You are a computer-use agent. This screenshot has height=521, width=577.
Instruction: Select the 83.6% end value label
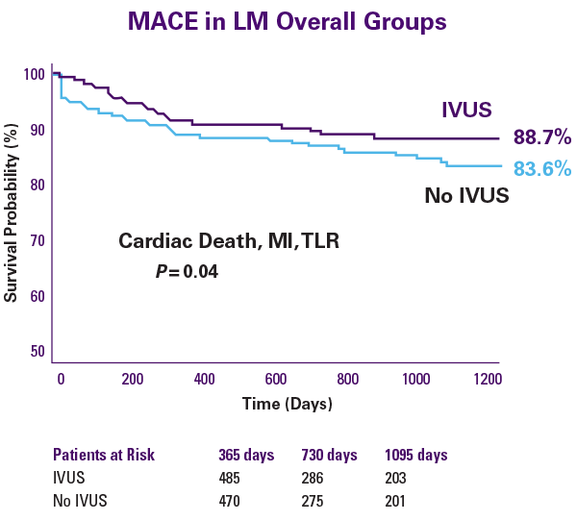click(541, 169)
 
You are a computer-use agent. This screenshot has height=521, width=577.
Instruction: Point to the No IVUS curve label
click(466, 197)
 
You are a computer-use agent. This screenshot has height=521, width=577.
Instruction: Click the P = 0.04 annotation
click(188, 272)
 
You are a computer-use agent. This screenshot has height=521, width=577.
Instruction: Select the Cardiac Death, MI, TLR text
click(229, 241)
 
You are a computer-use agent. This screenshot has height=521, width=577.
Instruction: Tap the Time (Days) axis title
click(288, 403)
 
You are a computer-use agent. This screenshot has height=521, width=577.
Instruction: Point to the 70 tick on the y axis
click(36, 240)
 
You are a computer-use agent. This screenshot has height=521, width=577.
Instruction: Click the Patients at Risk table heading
click(103, 455)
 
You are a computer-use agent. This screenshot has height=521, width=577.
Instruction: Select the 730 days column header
click(330, 455)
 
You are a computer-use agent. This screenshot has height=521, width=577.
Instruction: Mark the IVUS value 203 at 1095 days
click(396, 478)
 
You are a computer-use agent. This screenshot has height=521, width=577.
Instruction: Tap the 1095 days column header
click(415, 455)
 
